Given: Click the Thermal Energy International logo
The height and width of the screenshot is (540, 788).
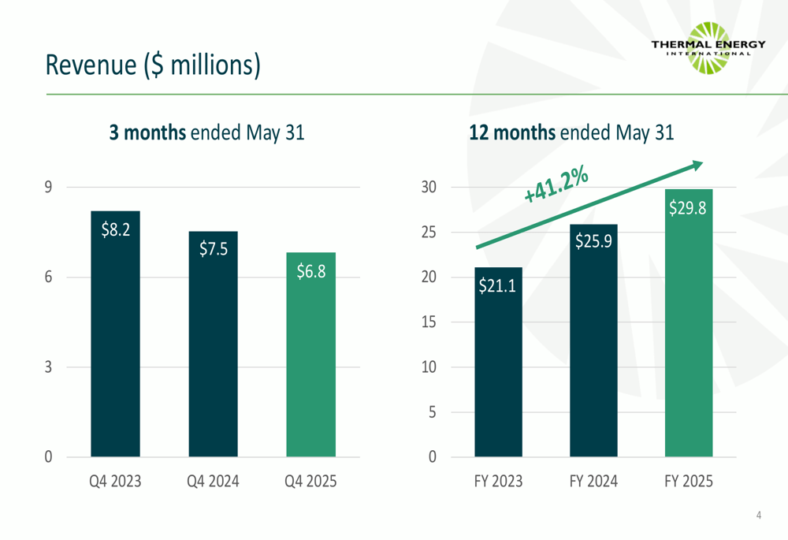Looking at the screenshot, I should [x=708, y=47].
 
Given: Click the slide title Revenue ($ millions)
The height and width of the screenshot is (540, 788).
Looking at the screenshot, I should [x=152, y=65].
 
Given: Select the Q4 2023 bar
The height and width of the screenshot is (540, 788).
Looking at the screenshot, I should [x=115, y=339].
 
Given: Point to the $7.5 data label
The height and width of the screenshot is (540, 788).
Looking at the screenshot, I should [x=213, y=250].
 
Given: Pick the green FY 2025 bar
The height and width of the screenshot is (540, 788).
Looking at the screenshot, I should [x=689, y=331].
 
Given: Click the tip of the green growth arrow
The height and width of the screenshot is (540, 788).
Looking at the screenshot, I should [x=701, y=163].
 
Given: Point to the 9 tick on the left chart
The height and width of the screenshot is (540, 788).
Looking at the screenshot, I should [x=49, y=187].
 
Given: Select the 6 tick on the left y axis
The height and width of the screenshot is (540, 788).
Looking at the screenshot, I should [x=49, y=277].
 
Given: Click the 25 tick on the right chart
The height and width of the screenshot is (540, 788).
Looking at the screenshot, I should [x=429, y=233].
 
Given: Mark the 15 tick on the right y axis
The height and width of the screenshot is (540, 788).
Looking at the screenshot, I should [x=429, y=322].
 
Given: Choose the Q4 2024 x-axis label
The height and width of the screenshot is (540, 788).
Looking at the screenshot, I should [x=213, y=481].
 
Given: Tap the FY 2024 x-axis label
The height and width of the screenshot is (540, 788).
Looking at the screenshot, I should [x=593, y=481].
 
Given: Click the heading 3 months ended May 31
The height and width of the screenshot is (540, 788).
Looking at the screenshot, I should [x=206, y=133].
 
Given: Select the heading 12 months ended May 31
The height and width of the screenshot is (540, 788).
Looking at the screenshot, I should [x=571, y=133].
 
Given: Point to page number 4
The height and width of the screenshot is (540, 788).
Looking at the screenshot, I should [x=758, y=516].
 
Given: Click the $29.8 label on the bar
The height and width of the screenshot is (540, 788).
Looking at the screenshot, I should [x=688, y=208].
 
